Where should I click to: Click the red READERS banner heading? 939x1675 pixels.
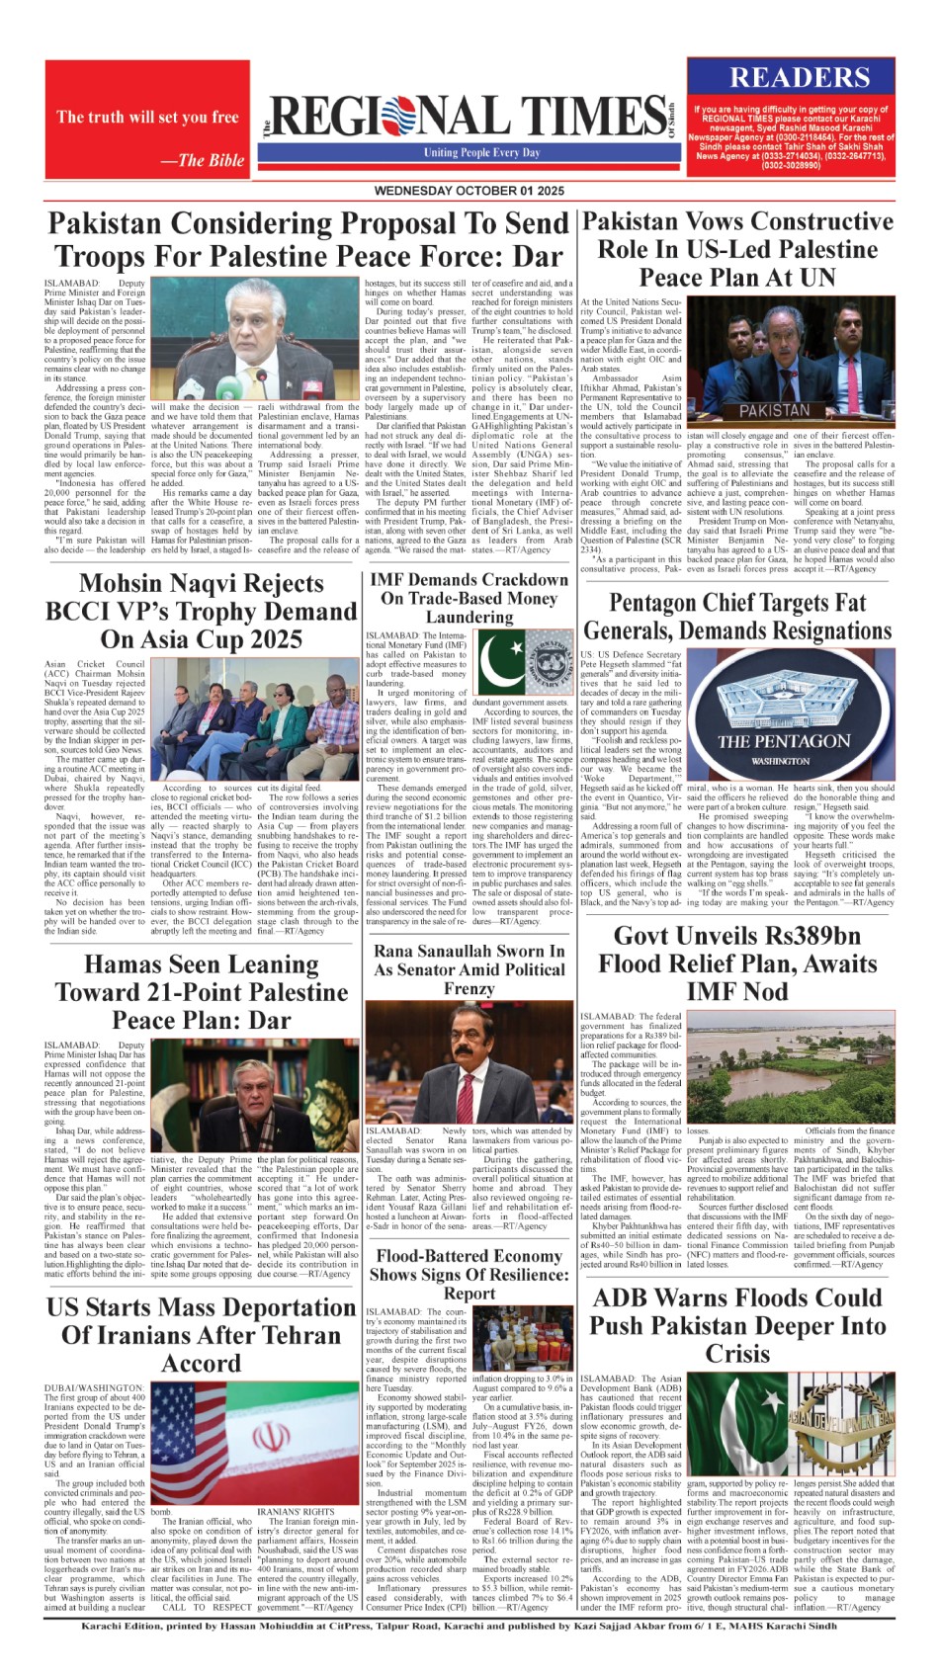pyautogui.click(x=800, y=78)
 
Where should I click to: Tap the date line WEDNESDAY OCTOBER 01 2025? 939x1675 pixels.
pyautogui.click(x=469, y=190)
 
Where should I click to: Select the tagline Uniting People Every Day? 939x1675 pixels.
pyautogui.click(x=482, y=153)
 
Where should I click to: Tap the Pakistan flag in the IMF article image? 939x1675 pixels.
pyautogui.click(x=499, y=661)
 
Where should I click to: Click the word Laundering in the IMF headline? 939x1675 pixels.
pyautogui.click(x=469, y=618)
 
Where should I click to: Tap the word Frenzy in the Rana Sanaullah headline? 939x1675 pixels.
pyautogui.click(x=469, y=989)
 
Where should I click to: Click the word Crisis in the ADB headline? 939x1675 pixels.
pyautogui.click(x=737, y=1354)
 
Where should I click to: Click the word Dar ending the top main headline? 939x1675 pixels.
pyautogui.click(x=536, y=257)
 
